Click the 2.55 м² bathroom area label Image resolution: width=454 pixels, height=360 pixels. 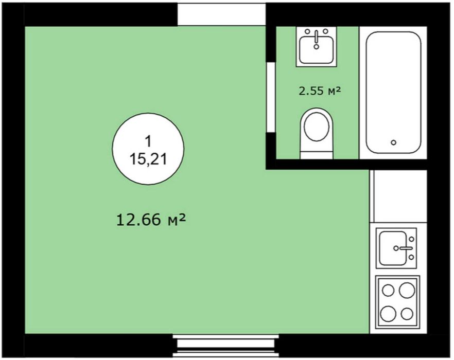click(320, 91)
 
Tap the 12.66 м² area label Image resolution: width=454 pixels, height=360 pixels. click(151, 220)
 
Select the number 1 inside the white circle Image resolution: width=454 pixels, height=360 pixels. click(148, 142)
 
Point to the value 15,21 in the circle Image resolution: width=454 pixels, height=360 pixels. click(148, 159)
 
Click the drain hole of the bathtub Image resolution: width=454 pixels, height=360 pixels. click(393, 142)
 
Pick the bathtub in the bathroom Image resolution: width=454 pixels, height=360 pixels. click(393, 93)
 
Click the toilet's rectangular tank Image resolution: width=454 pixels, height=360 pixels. click(317, 154)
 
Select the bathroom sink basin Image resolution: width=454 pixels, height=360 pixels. click(317, 50)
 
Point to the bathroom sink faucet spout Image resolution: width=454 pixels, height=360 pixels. click(317, 37)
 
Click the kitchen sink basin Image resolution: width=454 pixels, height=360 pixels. click(393, 248)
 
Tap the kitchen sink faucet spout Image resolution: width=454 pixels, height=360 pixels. click(405, 248)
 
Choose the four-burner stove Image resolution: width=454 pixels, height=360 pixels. click(397, 302)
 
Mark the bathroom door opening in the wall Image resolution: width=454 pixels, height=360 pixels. click(271, 98)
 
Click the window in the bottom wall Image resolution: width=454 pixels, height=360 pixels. click(226, 346)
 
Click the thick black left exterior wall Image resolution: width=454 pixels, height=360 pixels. click(13, 179)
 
